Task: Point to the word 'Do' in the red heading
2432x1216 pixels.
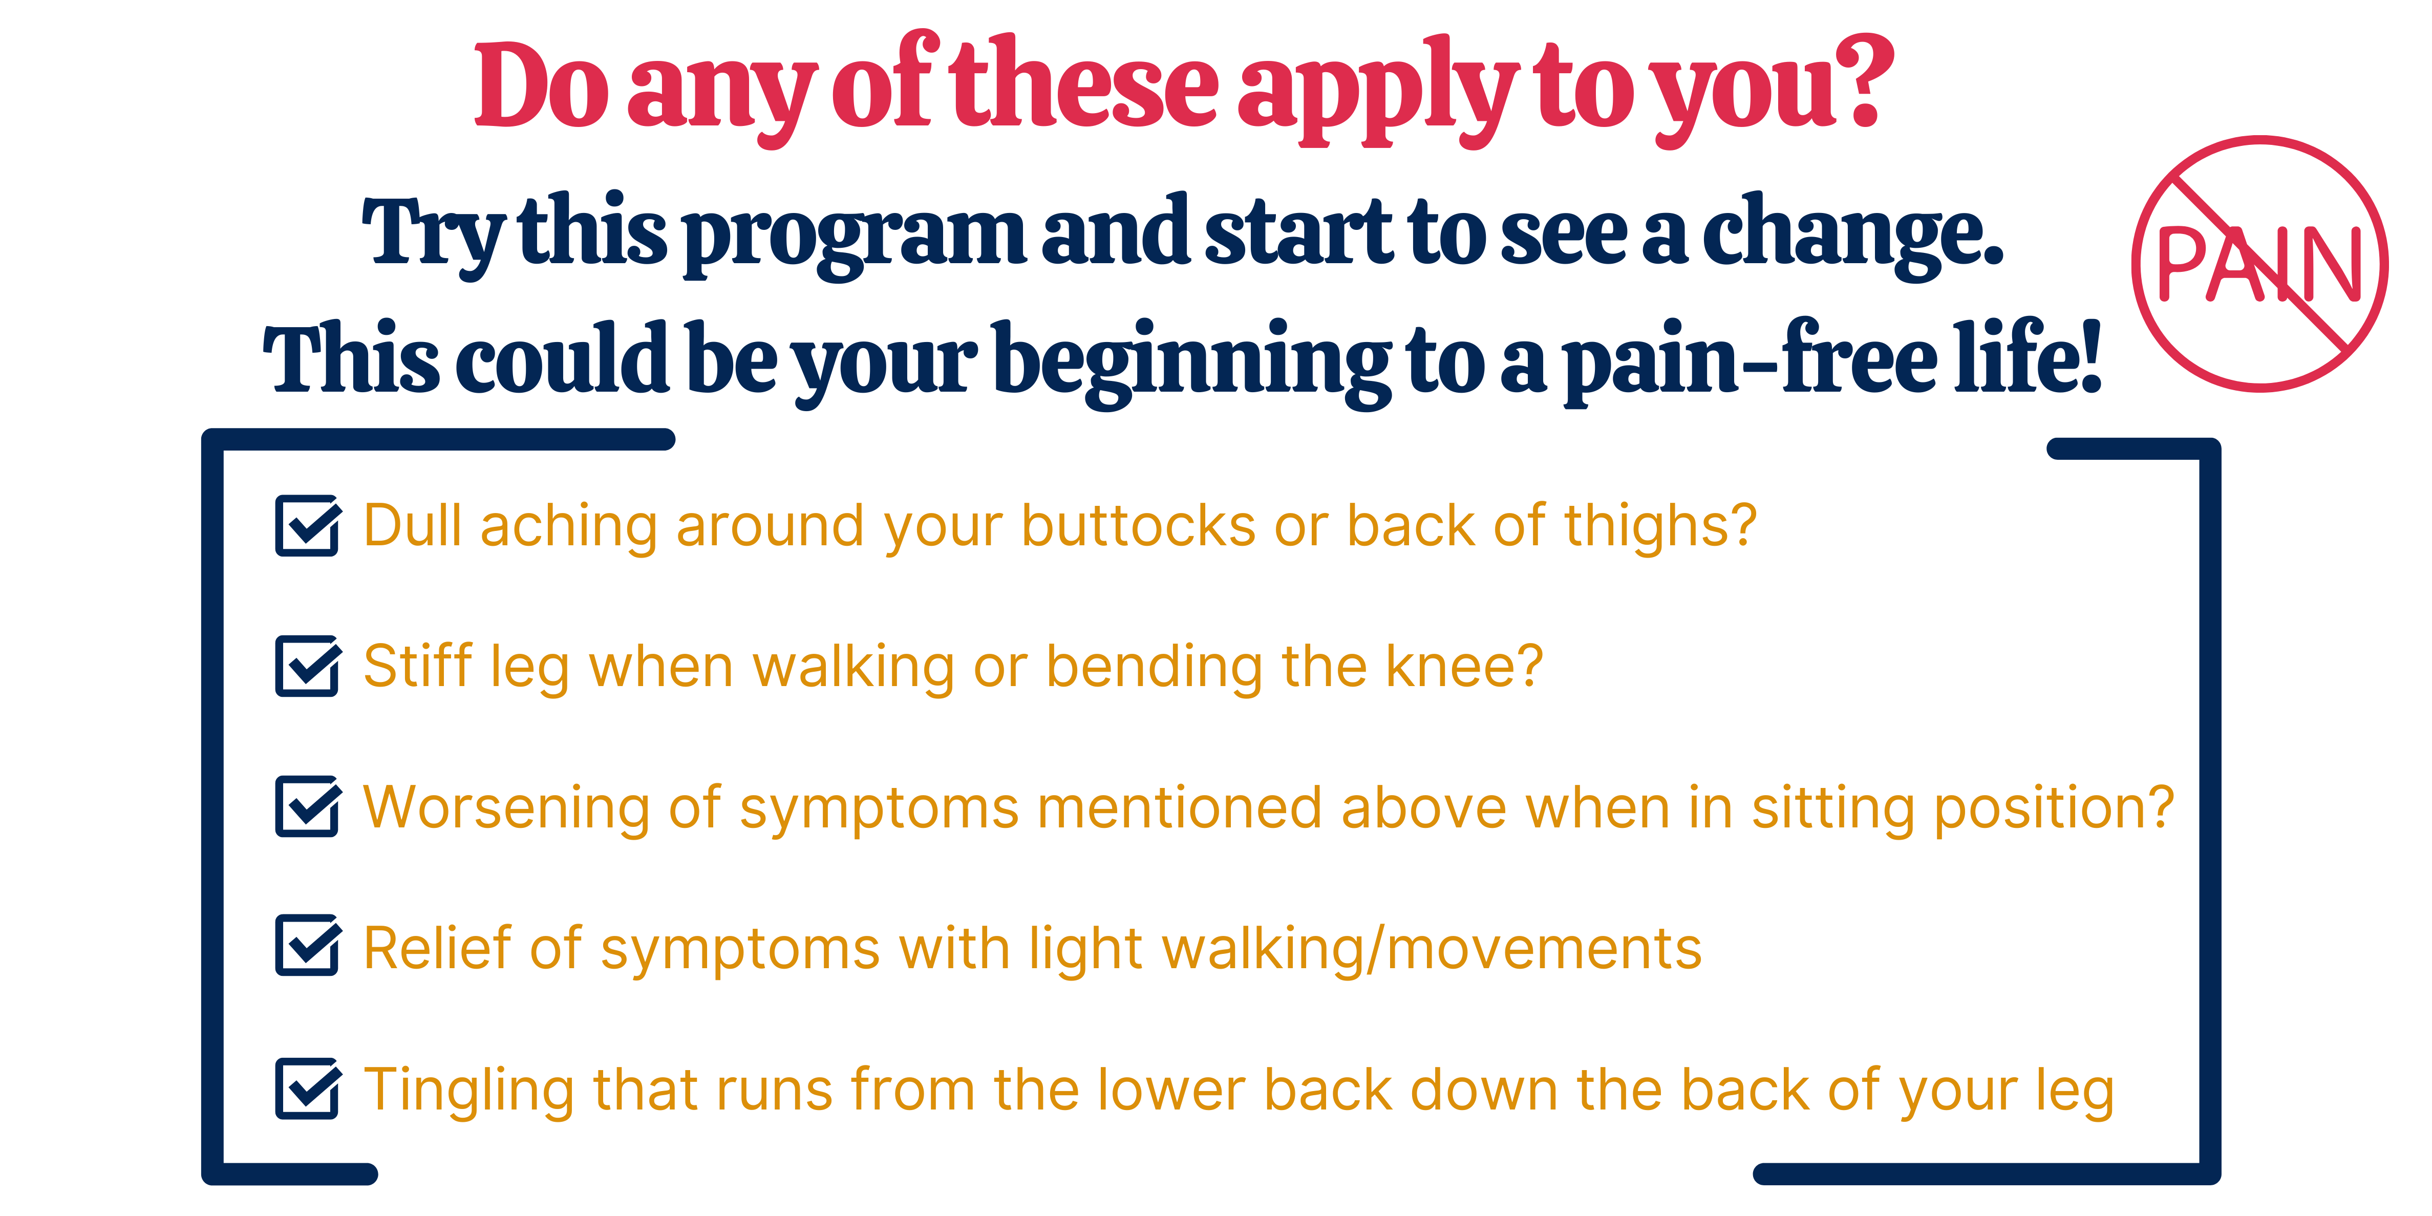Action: click(x=541, y=85)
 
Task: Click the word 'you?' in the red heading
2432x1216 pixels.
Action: click(x=1775, y=90)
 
